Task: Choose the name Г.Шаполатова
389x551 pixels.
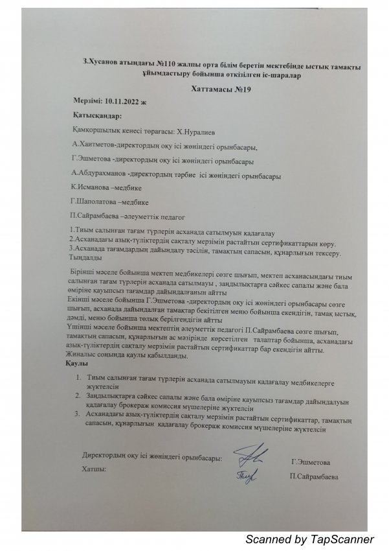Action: coord(94,201)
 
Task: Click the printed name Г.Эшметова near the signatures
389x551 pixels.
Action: coord(311,463)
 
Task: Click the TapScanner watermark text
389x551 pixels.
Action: coord(309,539)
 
